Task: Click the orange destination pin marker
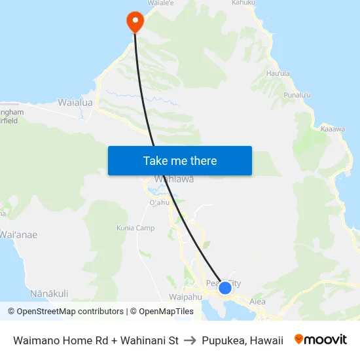coord(135,21)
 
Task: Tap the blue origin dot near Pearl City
coord(225,287)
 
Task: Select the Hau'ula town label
coord(278,74)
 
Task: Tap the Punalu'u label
coord(298,96)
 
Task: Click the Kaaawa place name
coord(333,129)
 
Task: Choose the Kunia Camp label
coord(135,228)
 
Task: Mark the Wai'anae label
coord(18,235)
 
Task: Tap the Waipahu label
coord(185,297)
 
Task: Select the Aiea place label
coord(257,302)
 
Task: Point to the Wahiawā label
coord(173,179)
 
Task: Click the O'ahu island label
coord(160,202)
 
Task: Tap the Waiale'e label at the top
coord(161,3)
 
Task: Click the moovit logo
coord(321,340)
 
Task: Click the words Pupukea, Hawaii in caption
coord(243,340)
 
